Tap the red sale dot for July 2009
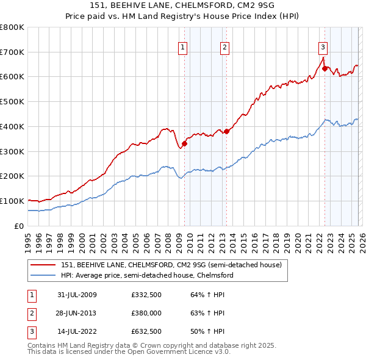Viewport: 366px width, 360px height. click(184, 143)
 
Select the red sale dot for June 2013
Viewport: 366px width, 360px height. click(226, 131)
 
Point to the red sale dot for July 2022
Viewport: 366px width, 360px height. click(325, 68)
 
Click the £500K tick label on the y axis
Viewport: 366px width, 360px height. click(12, 101)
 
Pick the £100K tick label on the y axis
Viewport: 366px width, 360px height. click(12, 201)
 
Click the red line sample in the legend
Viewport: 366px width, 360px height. click(43, 265)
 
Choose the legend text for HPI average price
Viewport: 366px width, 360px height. click(146, 276)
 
